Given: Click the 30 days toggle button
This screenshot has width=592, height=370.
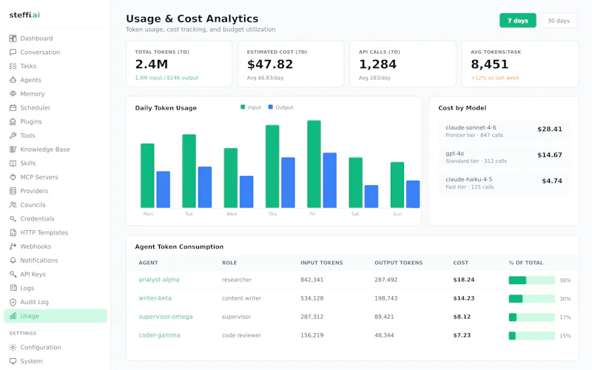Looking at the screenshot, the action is point(559,21).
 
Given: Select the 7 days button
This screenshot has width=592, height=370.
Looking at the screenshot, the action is point(517,21).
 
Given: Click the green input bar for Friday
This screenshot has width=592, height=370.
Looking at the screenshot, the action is point(314,164).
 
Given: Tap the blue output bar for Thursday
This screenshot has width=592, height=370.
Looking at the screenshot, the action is point(288,182).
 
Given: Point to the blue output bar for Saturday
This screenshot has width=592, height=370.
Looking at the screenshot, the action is point(371,196).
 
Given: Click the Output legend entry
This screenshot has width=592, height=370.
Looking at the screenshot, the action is point(280,107).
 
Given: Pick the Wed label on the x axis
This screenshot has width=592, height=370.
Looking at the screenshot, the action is point(232,214).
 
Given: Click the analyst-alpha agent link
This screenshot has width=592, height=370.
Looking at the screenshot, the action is point(159,280).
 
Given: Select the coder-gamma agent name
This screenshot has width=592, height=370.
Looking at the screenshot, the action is point(159,335).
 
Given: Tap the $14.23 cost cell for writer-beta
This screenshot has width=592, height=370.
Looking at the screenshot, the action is point(464,298).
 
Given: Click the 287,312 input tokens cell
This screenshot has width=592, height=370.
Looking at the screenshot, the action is point(312,317).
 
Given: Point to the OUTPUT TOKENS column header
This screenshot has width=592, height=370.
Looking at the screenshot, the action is point(398,263).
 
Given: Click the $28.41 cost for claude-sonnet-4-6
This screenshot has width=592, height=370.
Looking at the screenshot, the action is point(550,129).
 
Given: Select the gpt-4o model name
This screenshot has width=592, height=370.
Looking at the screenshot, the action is point(454,153).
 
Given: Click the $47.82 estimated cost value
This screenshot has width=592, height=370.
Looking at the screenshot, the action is point(270,64).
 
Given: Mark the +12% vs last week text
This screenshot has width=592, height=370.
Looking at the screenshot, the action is point(495,78).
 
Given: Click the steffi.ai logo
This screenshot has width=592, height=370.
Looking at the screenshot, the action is point(24,15).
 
